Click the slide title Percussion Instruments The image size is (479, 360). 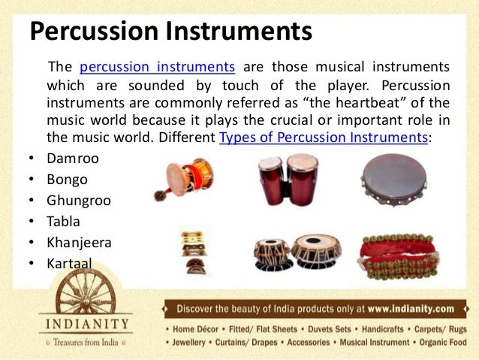coord(170,32)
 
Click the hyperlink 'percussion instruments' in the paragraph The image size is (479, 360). coord(157,67)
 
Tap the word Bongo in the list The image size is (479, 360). coord(68,180)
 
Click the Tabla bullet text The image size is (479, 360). coord(63,222)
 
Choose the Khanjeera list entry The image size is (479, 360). coord(79,243)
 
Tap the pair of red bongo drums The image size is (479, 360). coord(288,180)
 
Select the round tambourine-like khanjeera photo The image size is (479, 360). coord(393,181)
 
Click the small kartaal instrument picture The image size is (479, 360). coord(194,253)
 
